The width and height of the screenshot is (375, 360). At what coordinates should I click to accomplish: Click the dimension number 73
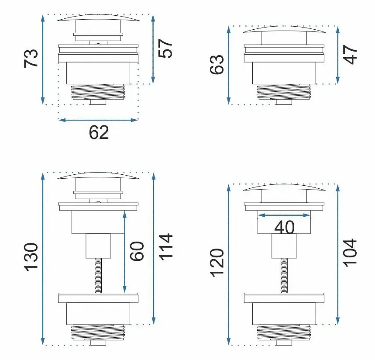pos(31,59)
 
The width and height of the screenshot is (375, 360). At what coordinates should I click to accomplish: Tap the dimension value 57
pos(165,48)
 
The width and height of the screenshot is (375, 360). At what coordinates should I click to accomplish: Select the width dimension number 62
pos(99,132)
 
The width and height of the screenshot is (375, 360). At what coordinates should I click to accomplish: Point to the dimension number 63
pos(217,65)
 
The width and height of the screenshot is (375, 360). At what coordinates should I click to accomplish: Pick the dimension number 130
pos(31,257)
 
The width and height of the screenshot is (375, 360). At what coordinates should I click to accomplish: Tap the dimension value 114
pos(165,247)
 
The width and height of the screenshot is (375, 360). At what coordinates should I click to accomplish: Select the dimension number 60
pos(137,251)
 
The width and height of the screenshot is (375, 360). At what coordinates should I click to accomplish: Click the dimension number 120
pos(217,263)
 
